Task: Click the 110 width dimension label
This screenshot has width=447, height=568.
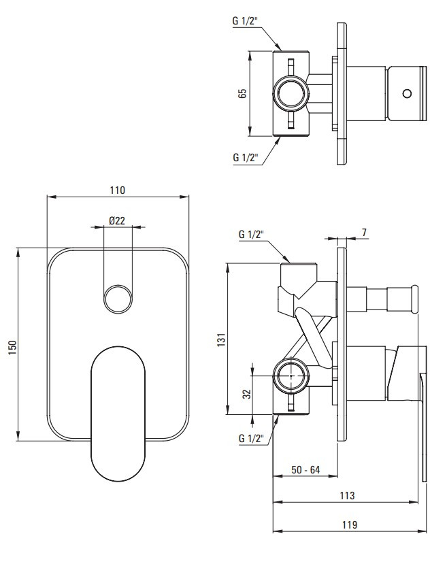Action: point(117,190)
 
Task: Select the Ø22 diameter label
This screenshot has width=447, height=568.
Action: point(116,220)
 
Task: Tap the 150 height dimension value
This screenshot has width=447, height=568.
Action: point(12,345)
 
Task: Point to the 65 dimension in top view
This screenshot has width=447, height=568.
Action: point(242,93)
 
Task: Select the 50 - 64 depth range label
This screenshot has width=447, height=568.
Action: point(305,469)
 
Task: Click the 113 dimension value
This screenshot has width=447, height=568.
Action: point(347,495)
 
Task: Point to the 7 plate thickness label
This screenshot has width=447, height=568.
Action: point(364,233)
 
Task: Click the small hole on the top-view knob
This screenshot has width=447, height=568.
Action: point(407,93)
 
